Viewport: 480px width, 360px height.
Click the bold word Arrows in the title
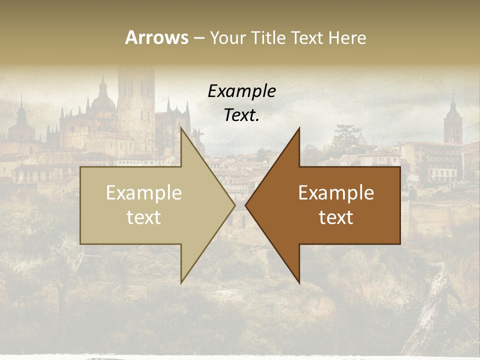click(x=156, y=37)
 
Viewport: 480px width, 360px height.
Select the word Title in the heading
click(x=267, y=37)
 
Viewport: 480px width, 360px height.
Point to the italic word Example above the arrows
click(x=241, y=91)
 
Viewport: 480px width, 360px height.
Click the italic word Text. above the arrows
click(x=241, y=115)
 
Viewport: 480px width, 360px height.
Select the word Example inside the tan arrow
click(x=143, y=193)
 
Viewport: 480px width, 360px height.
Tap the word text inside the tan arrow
click(x=143, y=217)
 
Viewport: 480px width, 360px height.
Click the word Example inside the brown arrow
click(x=336, y=193)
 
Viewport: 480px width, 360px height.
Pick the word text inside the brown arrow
click(x=336, y=217)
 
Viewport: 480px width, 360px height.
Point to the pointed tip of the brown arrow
click(x=246, y=205)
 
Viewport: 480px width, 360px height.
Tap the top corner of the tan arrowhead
click(x=181, y=128)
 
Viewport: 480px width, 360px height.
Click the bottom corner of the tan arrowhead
click(x=181, y=282)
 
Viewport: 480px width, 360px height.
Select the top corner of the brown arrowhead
click(x=299, y=128)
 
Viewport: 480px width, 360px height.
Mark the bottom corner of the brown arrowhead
click(x=299, y=282)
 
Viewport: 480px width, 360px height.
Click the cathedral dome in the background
click(x=103, y=100)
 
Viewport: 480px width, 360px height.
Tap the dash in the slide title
click(x=198, y=38)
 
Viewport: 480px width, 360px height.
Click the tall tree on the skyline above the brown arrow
click(x=345, y=134)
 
